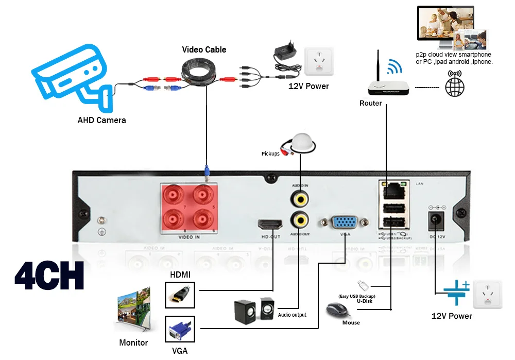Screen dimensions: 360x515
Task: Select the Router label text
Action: coord(370,104)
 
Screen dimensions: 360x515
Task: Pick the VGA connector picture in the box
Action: coord(180,330)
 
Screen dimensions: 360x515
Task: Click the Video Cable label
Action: coord(204,50)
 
